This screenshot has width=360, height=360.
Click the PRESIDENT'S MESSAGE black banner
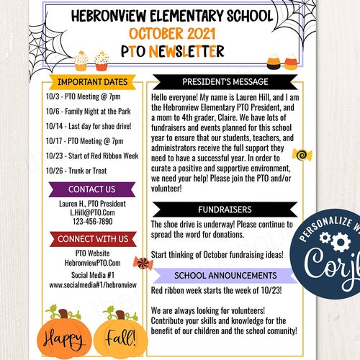pyautogui.click(x=225, y=81)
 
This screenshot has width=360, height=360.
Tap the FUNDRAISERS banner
pyautogui.click(x=225, y=210)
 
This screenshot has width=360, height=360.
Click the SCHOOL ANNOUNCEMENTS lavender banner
pyautogui.click(x=225, y=275)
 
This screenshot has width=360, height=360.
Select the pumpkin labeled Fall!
pyautogui.click(x=122, y=334)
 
